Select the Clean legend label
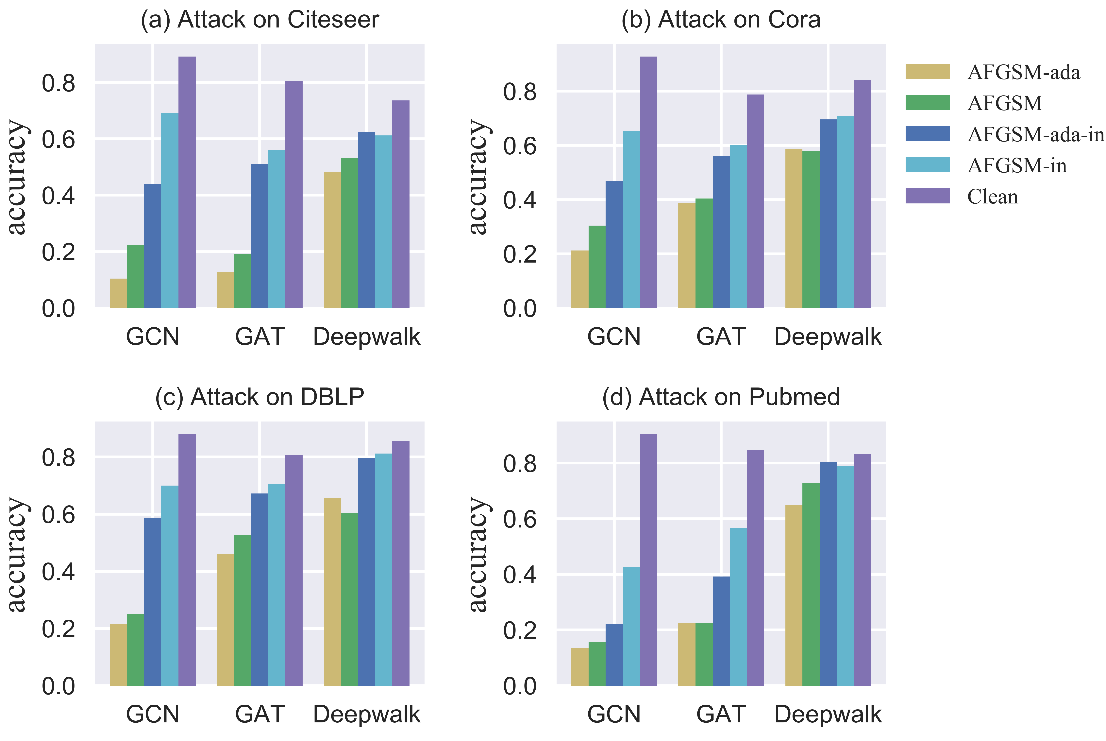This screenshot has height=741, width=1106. (x=992, y=197)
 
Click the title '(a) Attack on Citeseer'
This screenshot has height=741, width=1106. (x=259, y=20)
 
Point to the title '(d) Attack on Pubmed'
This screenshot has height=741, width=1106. (x=720, y=397)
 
